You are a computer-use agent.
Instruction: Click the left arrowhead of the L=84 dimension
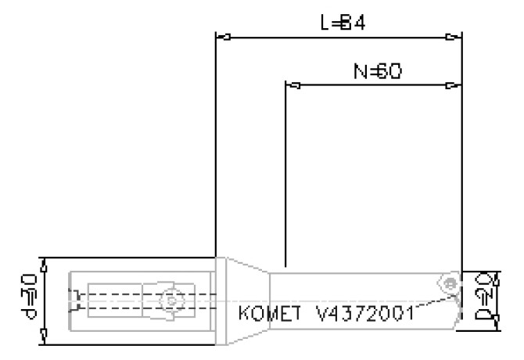click(221, 37)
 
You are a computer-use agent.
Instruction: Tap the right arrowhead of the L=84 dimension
click(454, 37)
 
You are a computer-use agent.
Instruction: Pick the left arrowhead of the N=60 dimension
click(292, 85)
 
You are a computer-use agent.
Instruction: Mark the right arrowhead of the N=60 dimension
click(454, 85)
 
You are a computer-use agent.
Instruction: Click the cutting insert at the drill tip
click(450, 283)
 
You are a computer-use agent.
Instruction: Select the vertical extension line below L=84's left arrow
click(215, 149)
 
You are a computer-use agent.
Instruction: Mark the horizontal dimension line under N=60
click(372, 85)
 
